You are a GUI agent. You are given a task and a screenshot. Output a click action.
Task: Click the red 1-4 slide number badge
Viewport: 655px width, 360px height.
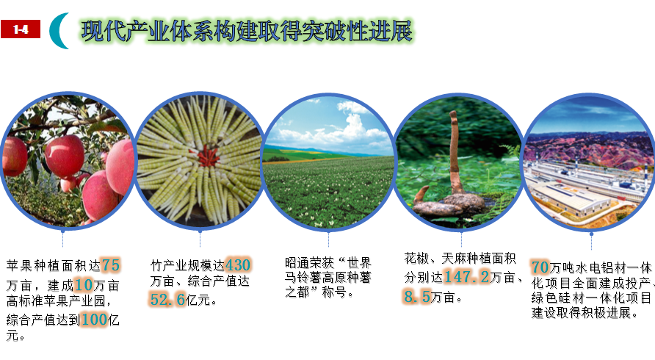click(x=21, y=29)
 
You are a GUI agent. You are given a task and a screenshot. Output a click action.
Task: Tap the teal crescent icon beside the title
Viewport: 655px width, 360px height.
click(x=58, y=31)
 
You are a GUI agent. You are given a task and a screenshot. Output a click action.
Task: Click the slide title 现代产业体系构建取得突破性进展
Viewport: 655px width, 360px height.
click(x=247, y=31)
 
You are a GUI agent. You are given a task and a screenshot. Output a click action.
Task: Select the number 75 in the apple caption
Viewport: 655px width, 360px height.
click(x=111, y=265)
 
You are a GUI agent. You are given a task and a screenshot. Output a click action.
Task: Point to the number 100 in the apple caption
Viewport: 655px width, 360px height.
click(x=95, y=320)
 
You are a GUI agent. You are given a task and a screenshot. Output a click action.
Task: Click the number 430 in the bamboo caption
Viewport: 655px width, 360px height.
click(x=238, y=265)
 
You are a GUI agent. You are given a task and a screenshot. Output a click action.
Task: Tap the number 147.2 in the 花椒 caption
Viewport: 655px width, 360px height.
click(x=466, y=277)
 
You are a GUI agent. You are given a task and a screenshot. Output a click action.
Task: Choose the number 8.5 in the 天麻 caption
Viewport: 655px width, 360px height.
click(x=417, y=296)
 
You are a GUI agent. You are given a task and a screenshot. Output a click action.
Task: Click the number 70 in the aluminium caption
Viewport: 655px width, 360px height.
click(x=540, y=267)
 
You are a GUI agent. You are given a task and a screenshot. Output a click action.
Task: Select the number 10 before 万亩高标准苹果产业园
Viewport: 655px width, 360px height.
click(x=83, y=285)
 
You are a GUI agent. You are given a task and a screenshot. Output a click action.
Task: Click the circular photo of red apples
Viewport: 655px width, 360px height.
click(x=67, y=161)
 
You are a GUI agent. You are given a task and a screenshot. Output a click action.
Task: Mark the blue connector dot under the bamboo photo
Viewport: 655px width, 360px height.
click(x=200, y=231)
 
